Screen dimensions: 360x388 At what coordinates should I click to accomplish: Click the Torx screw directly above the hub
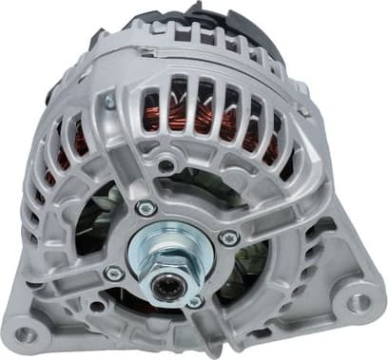pos(145,208)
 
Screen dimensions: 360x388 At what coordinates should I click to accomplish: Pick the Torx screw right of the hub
pos(229,237)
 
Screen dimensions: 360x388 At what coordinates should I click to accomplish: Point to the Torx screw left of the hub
pos(113,274)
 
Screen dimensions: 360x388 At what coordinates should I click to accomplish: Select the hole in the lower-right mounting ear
pos(357,302)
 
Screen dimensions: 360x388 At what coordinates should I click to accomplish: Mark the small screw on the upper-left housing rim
pos(110,100)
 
